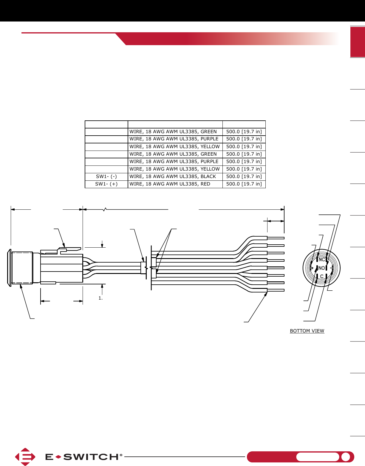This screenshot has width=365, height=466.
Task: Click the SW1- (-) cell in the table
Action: point(106,177)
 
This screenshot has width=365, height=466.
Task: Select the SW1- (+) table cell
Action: point(106,184)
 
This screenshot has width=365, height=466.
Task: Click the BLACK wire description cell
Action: point(175,177)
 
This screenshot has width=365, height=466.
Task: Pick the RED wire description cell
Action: point(175,184)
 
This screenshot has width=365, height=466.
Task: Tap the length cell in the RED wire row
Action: point(244,184)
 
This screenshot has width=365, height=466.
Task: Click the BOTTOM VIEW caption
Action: point(307,331)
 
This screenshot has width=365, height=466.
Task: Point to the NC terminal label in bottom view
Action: point(321,260)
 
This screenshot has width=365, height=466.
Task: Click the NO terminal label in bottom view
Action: point(321,268)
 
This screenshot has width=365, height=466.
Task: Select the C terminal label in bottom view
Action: point(321,277)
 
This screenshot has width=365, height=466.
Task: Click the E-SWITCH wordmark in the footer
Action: point(84,457)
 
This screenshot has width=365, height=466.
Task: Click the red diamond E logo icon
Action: point(25,457)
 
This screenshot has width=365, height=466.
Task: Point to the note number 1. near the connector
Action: point(100,298)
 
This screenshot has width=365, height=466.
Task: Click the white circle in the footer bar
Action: point(346,457)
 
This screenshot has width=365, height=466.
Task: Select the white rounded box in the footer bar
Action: point(318,457)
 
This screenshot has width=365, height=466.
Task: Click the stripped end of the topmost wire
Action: point(276,238)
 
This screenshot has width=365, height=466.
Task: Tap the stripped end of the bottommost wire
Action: point(276,290)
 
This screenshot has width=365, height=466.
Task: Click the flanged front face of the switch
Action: point(9,267)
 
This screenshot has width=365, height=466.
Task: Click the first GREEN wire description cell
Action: point(175,132)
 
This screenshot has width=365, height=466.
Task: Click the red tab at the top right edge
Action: point(358,42)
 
